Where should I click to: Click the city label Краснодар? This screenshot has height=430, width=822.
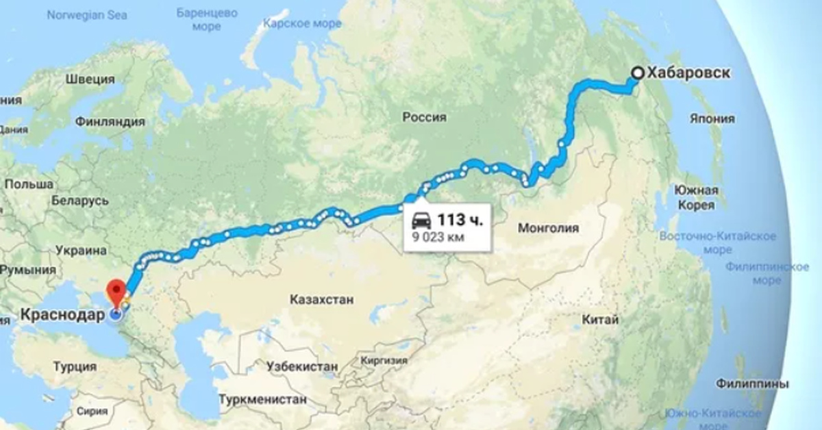click(x=63, y=316)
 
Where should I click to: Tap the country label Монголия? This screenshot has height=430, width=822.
click(x=549, y=228)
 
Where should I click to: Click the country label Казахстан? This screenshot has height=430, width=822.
click(x=321, y=300)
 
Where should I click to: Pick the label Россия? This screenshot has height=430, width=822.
click(x=424, y=118)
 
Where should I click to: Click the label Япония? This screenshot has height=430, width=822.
click(x=713, y=118)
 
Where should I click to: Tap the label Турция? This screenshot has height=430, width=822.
click(x=75, y=367)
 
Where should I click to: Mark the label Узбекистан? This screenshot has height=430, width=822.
click(x=302, y=367)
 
